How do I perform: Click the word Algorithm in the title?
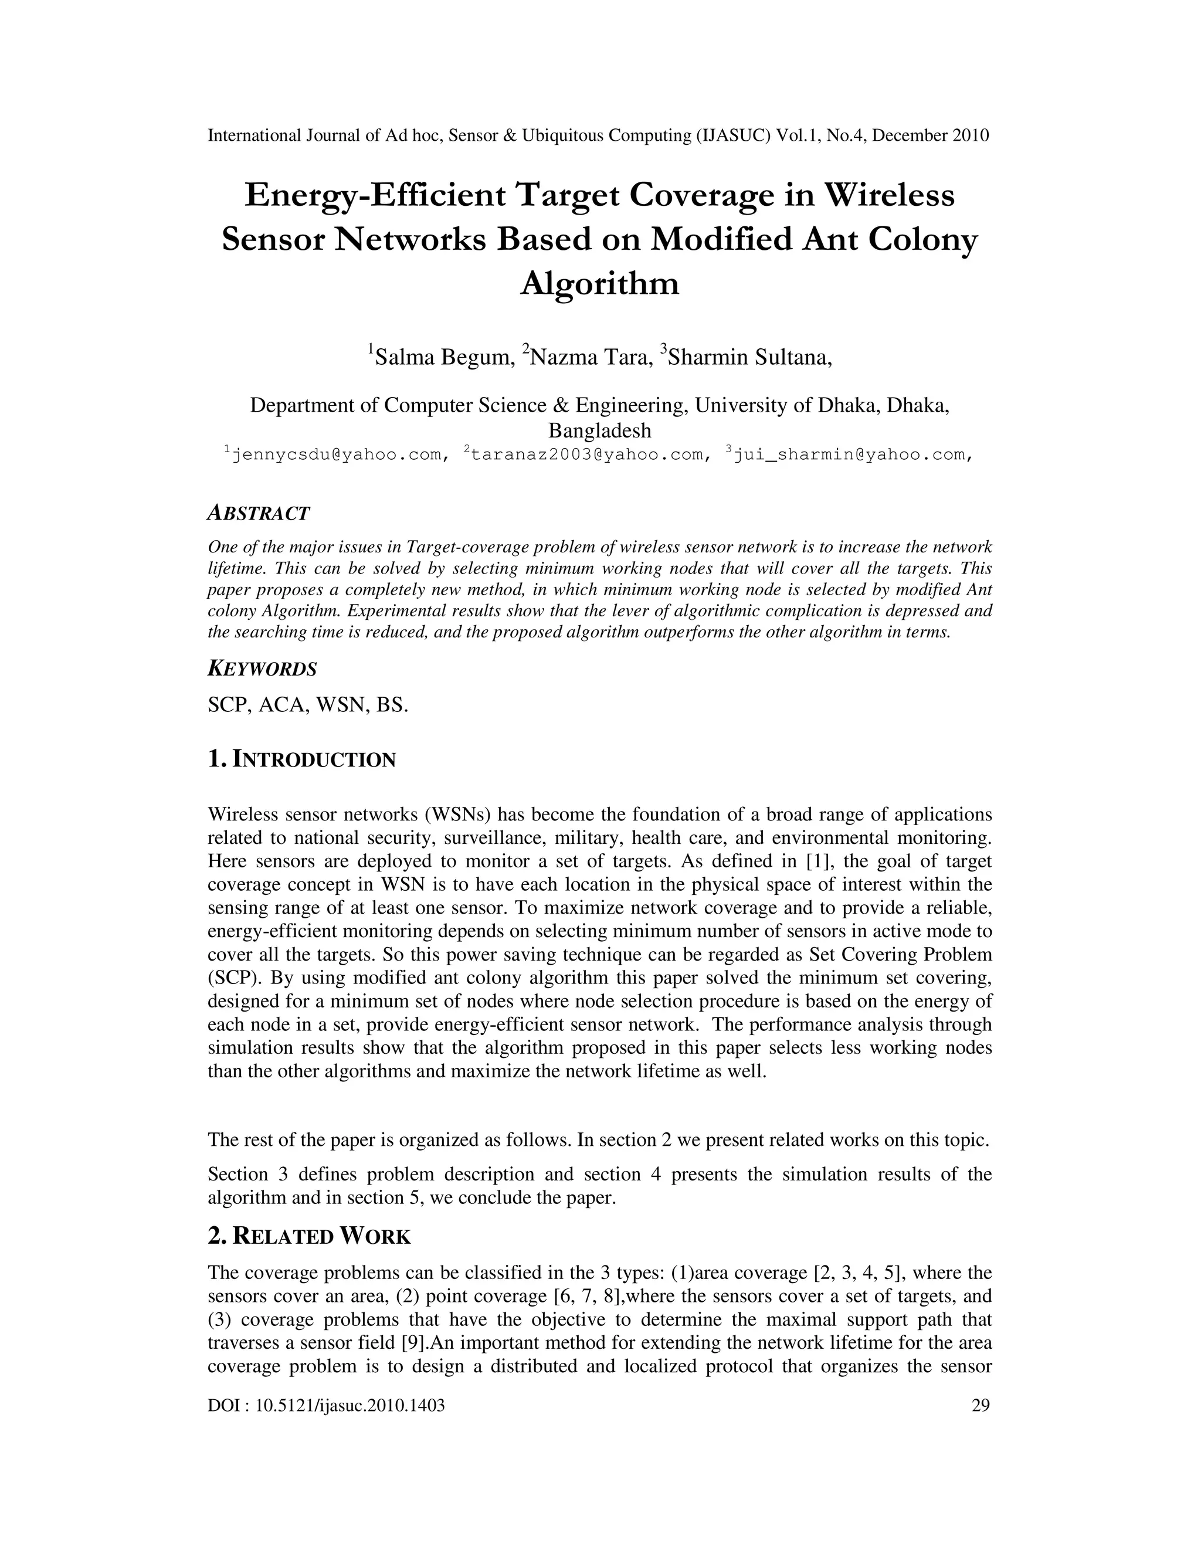(600, 284)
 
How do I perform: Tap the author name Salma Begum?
(444, 356)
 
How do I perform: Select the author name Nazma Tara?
(591, 356)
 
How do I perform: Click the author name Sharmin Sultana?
(748, 356)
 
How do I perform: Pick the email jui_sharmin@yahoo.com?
(851, 454)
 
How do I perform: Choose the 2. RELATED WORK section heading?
(309, 1237)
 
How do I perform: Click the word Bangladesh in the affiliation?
(599, 430)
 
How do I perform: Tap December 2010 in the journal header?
(930, 135)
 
